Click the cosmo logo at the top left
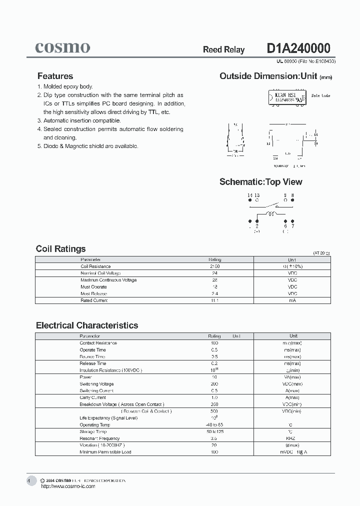tap(62, 47)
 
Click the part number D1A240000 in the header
tap(298, 48)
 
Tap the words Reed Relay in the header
tap(223, 49)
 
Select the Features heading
tap(55, 76)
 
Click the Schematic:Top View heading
tap(260, 182)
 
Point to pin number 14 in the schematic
tap(249, 195)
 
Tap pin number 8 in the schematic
tap(292, 195)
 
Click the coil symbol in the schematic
tap(271, 214)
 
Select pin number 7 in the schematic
tap(293, 226)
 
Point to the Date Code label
tap(320, 95)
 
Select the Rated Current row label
tap(93, 300)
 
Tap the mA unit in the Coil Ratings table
tap(292, 300)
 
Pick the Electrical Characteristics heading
tap(87, 325)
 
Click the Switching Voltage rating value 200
tap(214, 384)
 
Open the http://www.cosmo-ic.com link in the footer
tap(67, 486)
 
